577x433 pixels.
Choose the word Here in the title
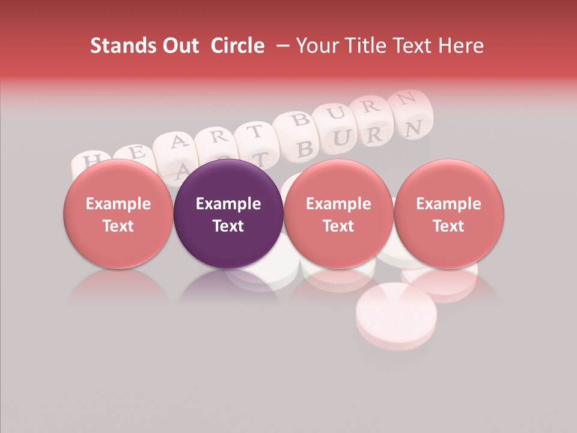pyautogui.click(x=461, y=46)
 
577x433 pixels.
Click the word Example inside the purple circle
pyautogui.click(x=228, y=204)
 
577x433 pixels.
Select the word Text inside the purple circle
pyautogui.click(x=228, y=226)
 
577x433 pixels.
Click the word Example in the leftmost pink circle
pyautogui.click(x=118, y=204)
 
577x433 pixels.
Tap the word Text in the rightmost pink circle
pyautogui.click(x=448, y=226)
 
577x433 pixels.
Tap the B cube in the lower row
pyautogui.click(x=305, y=149)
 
